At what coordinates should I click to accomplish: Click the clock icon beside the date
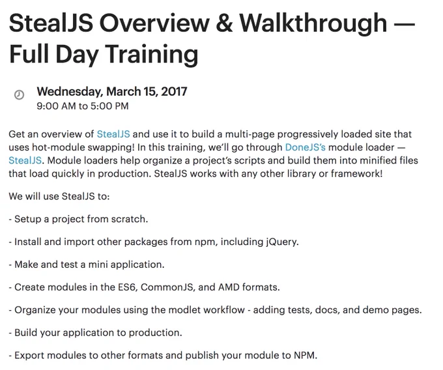[19, 94]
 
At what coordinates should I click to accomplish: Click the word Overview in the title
[154, 23]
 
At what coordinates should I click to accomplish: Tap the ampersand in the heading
[225, 23]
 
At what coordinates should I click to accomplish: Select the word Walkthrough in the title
[313, 24]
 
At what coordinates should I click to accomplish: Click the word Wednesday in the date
[70, 92]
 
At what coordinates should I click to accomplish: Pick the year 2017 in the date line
[174, 91]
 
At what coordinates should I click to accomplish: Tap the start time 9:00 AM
[56, 106]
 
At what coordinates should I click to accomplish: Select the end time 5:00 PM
[109, 106]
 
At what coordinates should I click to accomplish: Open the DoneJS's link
[306, 147]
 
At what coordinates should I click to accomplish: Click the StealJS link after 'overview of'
[113, 134]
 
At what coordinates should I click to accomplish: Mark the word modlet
[184, 310]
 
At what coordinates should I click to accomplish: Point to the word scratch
[130, 219]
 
